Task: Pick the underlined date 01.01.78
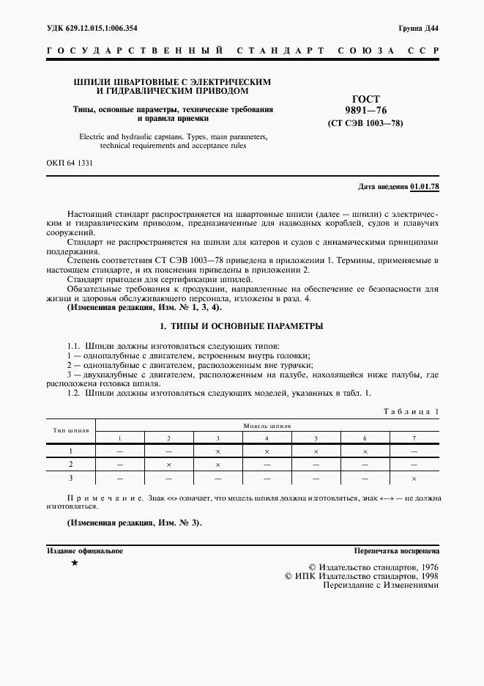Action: pyautogui.click(x=425, y=187)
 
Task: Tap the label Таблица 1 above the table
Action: pyautogui.click(x=411, y=413)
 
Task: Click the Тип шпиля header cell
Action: pyautogui.click(x=70, y=431)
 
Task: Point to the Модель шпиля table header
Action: pyautogui.click(x=267, y=425)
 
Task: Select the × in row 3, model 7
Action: pyautogui.click(x=414, y=478)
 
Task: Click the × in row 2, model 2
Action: pyautogui.click(x=168, y=465)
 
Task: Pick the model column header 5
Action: pyautogui.click(x=316, y=438)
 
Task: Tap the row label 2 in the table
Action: pyautogui.click(x=70, y=465)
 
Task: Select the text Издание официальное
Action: pyautogui.click(x=85, y=550)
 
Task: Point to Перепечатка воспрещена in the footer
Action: pyautogui.click(x=395, y=550)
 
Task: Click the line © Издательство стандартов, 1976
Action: pyautogui.click(x=373, y=567)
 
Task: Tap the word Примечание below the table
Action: pyautogui.click(x=95, y=498)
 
